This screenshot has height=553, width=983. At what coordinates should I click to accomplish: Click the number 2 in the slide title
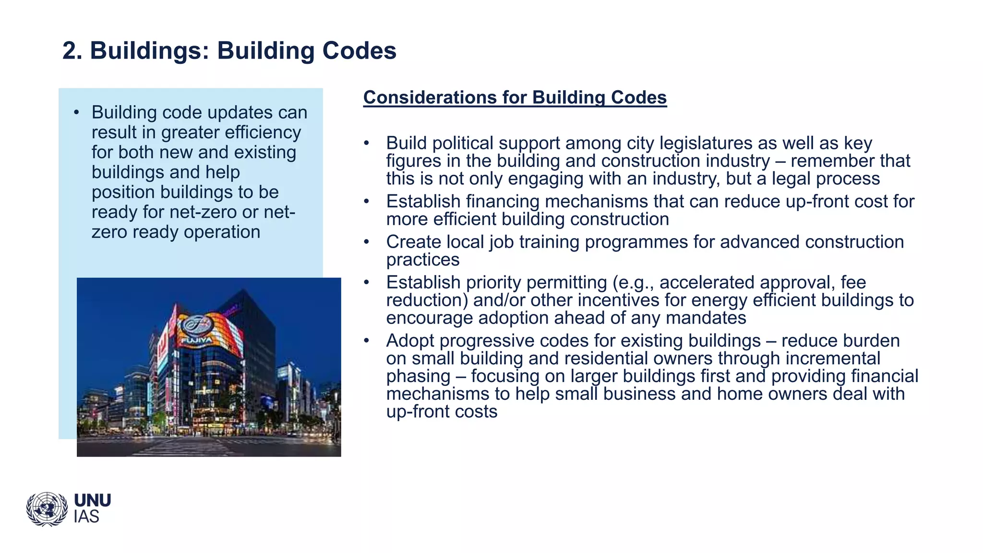click(70, 51)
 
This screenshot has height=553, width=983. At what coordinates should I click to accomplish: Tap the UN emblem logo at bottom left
click(47, 509)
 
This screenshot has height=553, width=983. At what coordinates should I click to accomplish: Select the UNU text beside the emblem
click(92, 501)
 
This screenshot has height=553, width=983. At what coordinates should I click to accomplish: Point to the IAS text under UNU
click(86, 517)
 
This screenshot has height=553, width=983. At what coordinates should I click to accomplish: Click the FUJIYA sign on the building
click(196, 341)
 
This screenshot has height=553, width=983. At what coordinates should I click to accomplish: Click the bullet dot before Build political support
click(366, 143)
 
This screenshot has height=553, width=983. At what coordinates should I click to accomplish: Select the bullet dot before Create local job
click(366, 242)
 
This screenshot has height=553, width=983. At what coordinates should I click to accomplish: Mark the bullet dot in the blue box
click(76, 113)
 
